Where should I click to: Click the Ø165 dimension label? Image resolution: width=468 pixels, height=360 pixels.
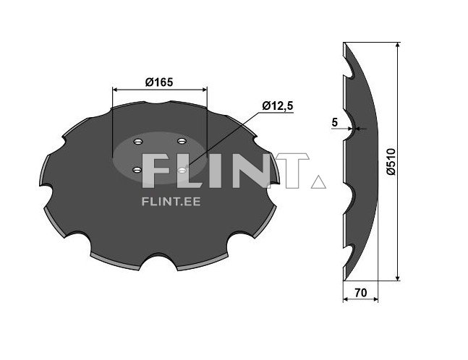tap(159, 82)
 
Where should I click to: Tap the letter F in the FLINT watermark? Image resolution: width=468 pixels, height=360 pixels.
tap(157, 172)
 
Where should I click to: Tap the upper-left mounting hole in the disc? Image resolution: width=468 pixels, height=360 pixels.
tap(138, 142)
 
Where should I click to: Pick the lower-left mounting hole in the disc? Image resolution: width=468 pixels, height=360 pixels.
tap(137, 170)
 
